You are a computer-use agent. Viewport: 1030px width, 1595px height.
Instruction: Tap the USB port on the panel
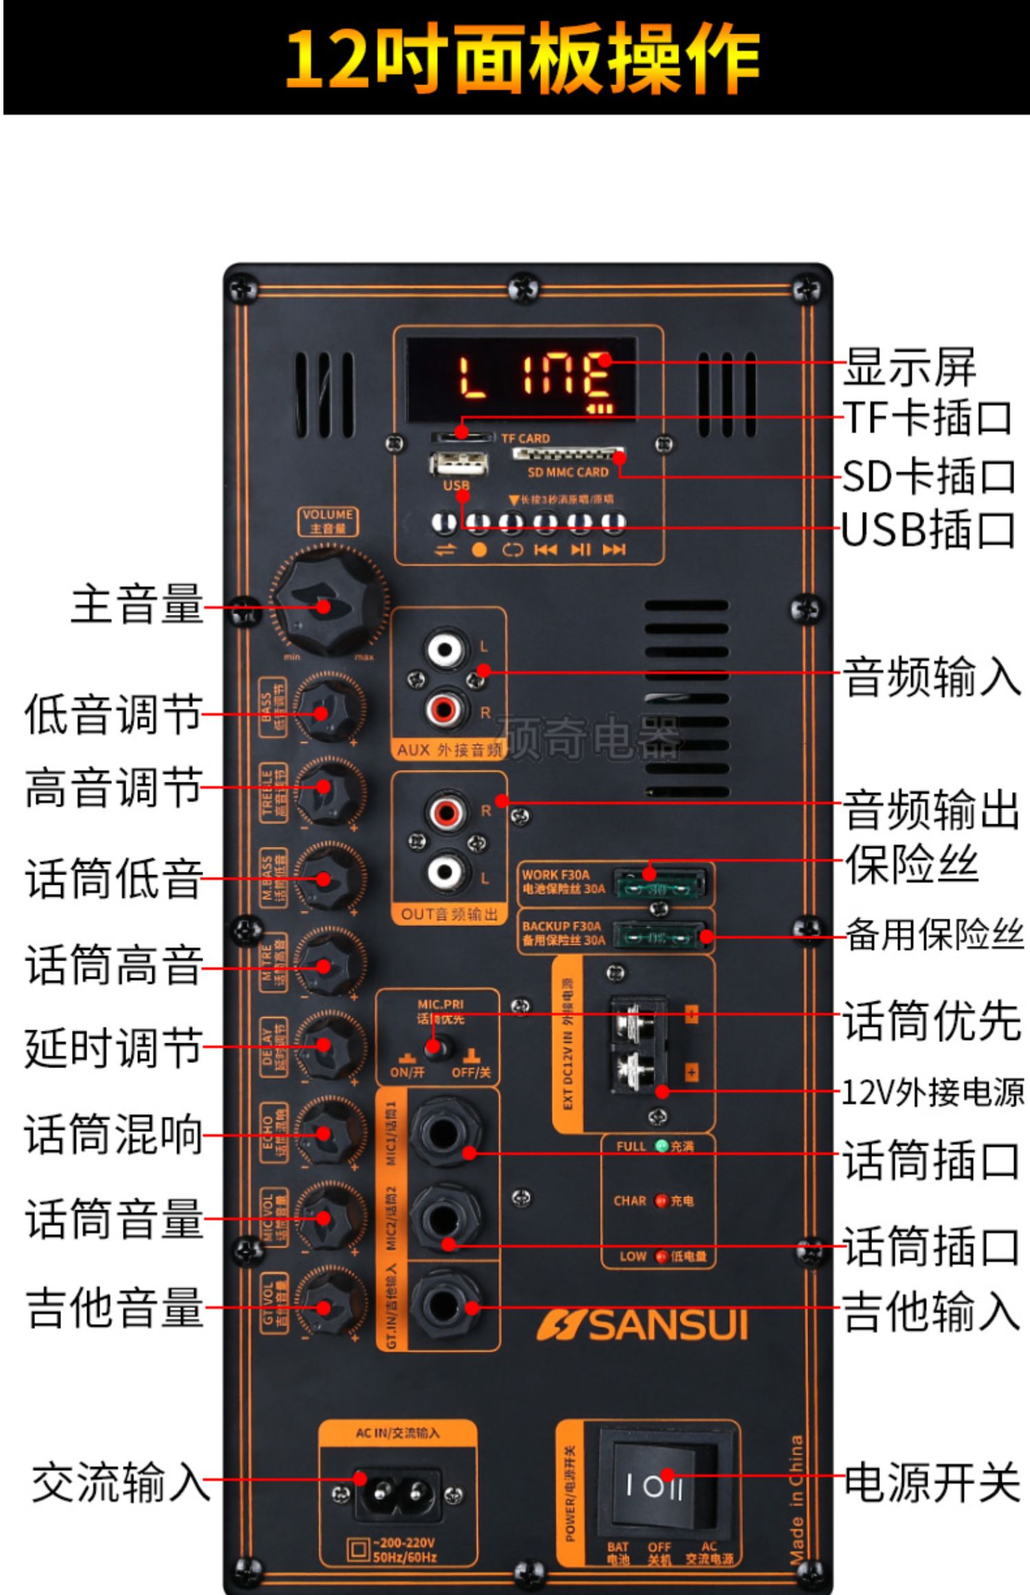[x=459, y=464]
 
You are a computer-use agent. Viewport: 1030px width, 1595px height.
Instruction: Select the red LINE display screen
[x=522, y=378]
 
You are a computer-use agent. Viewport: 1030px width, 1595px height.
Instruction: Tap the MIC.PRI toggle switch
[x=433, y=1047]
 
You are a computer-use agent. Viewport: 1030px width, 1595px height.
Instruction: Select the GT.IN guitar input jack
[x=444, y=1303]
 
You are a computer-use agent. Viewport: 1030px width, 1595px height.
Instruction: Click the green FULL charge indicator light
[x=662, y=1146]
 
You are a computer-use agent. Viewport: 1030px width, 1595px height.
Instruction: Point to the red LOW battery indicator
[x=661, y=1256]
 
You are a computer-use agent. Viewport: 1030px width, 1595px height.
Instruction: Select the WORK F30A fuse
[x=659, y=885]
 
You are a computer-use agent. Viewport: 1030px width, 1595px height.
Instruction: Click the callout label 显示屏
[x=909, y=367]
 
